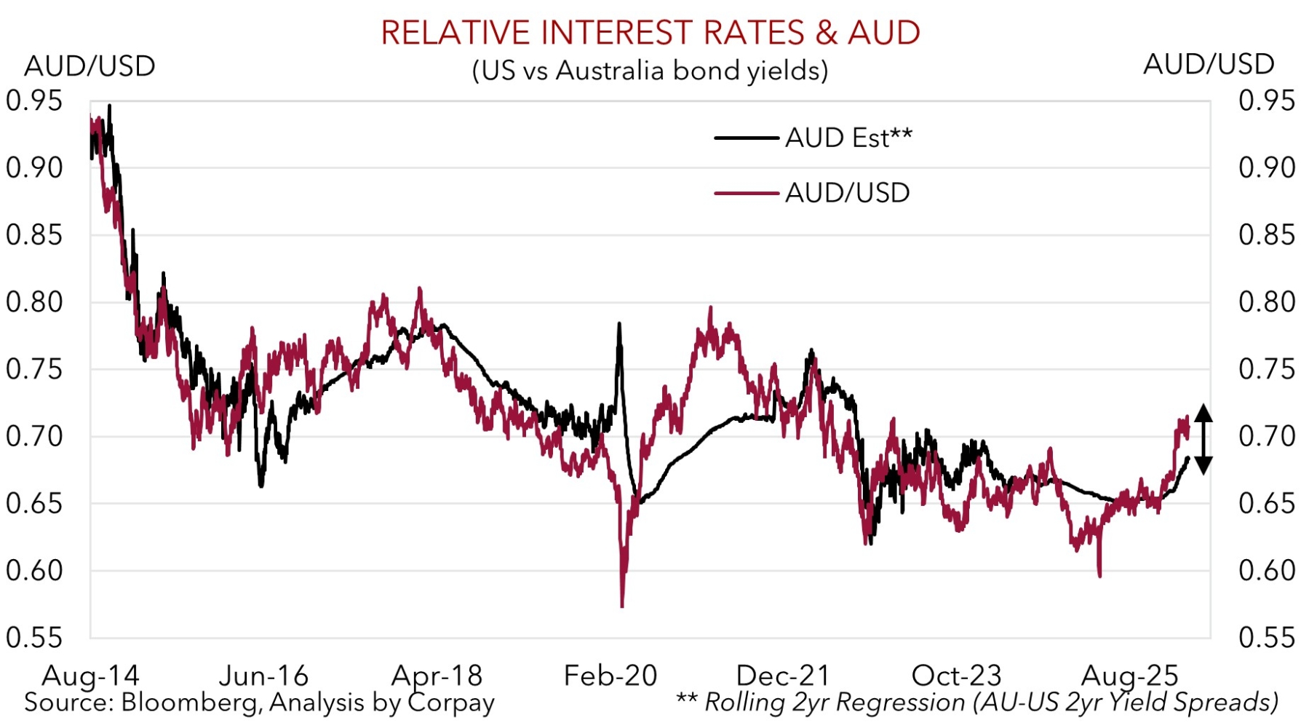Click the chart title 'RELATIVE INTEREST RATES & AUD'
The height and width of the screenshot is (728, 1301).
coord(650,33)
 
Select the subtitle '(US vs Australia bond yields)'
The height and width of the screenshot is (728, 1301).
coord(650,71)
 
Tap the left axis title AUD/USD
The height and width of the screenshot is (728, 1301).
coord(89,66)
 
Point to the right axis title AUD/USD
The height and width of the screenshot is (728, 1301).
coord(1209,64)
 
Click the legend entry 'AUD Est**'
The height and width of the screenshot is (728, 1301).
coord(848,138)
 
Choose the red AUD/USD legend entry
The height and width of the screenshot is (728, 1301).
coord(847,193)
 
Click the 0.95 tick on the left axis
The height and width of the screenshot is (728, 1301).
coord(34,100)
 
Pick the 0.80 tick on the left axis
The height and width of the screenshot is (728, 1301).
coord(34,301)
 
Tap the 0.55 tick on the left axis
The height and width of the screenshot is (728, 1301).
coord(34,637)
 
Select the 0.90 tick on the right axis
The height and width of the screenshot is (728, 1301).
coord(1267,167)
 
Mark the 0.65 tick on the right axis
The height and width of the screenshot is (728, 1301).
coord(1267,503)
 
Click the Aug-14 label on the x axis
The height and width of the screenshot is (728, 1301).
coord(90,676)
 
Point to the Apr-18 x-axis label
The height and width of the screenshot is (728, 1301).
coord(437,676)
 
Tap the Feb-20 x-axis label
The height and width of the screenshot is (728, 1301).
coord(610,676)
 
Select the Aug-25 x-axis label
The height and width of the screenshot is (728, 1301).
coord(1129,676)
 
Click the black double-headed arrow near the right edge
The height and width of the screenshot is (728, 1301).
coord(1203,439)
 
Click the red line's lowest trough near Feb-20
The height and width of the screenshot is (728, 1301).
coord(622,605)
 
